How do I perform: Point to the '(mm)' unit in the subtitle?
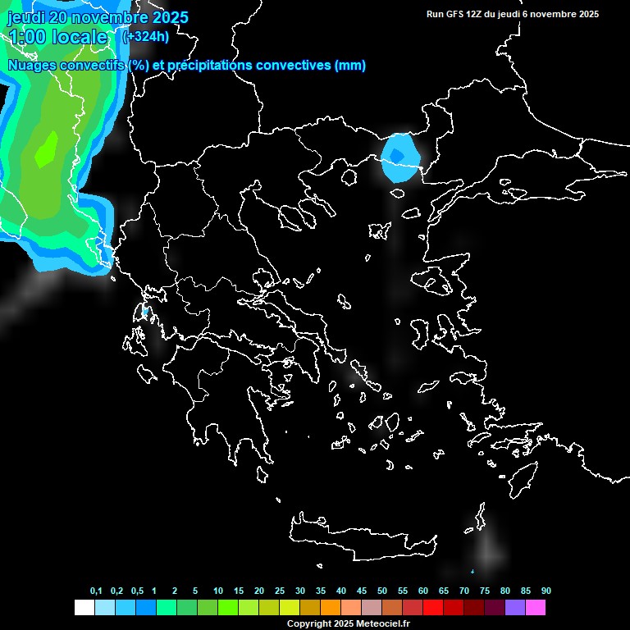[350, 66]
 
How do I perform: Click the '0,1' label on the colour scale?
[96, 591]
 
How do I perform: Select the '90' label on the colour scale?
[546, 591]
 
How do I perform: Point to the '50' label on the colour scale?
[382, 591]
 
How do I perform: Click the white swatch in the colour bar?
[84, 607]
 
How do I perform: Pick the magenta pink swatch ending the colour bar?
[535, 607]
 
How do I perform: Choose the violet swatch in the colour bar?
[514, 607]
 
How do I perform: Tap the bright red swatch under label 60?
[432, 607]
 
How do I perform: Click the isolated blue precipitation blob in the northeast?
[400, 157]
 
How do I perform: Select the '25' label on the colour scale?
[280, 591]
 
